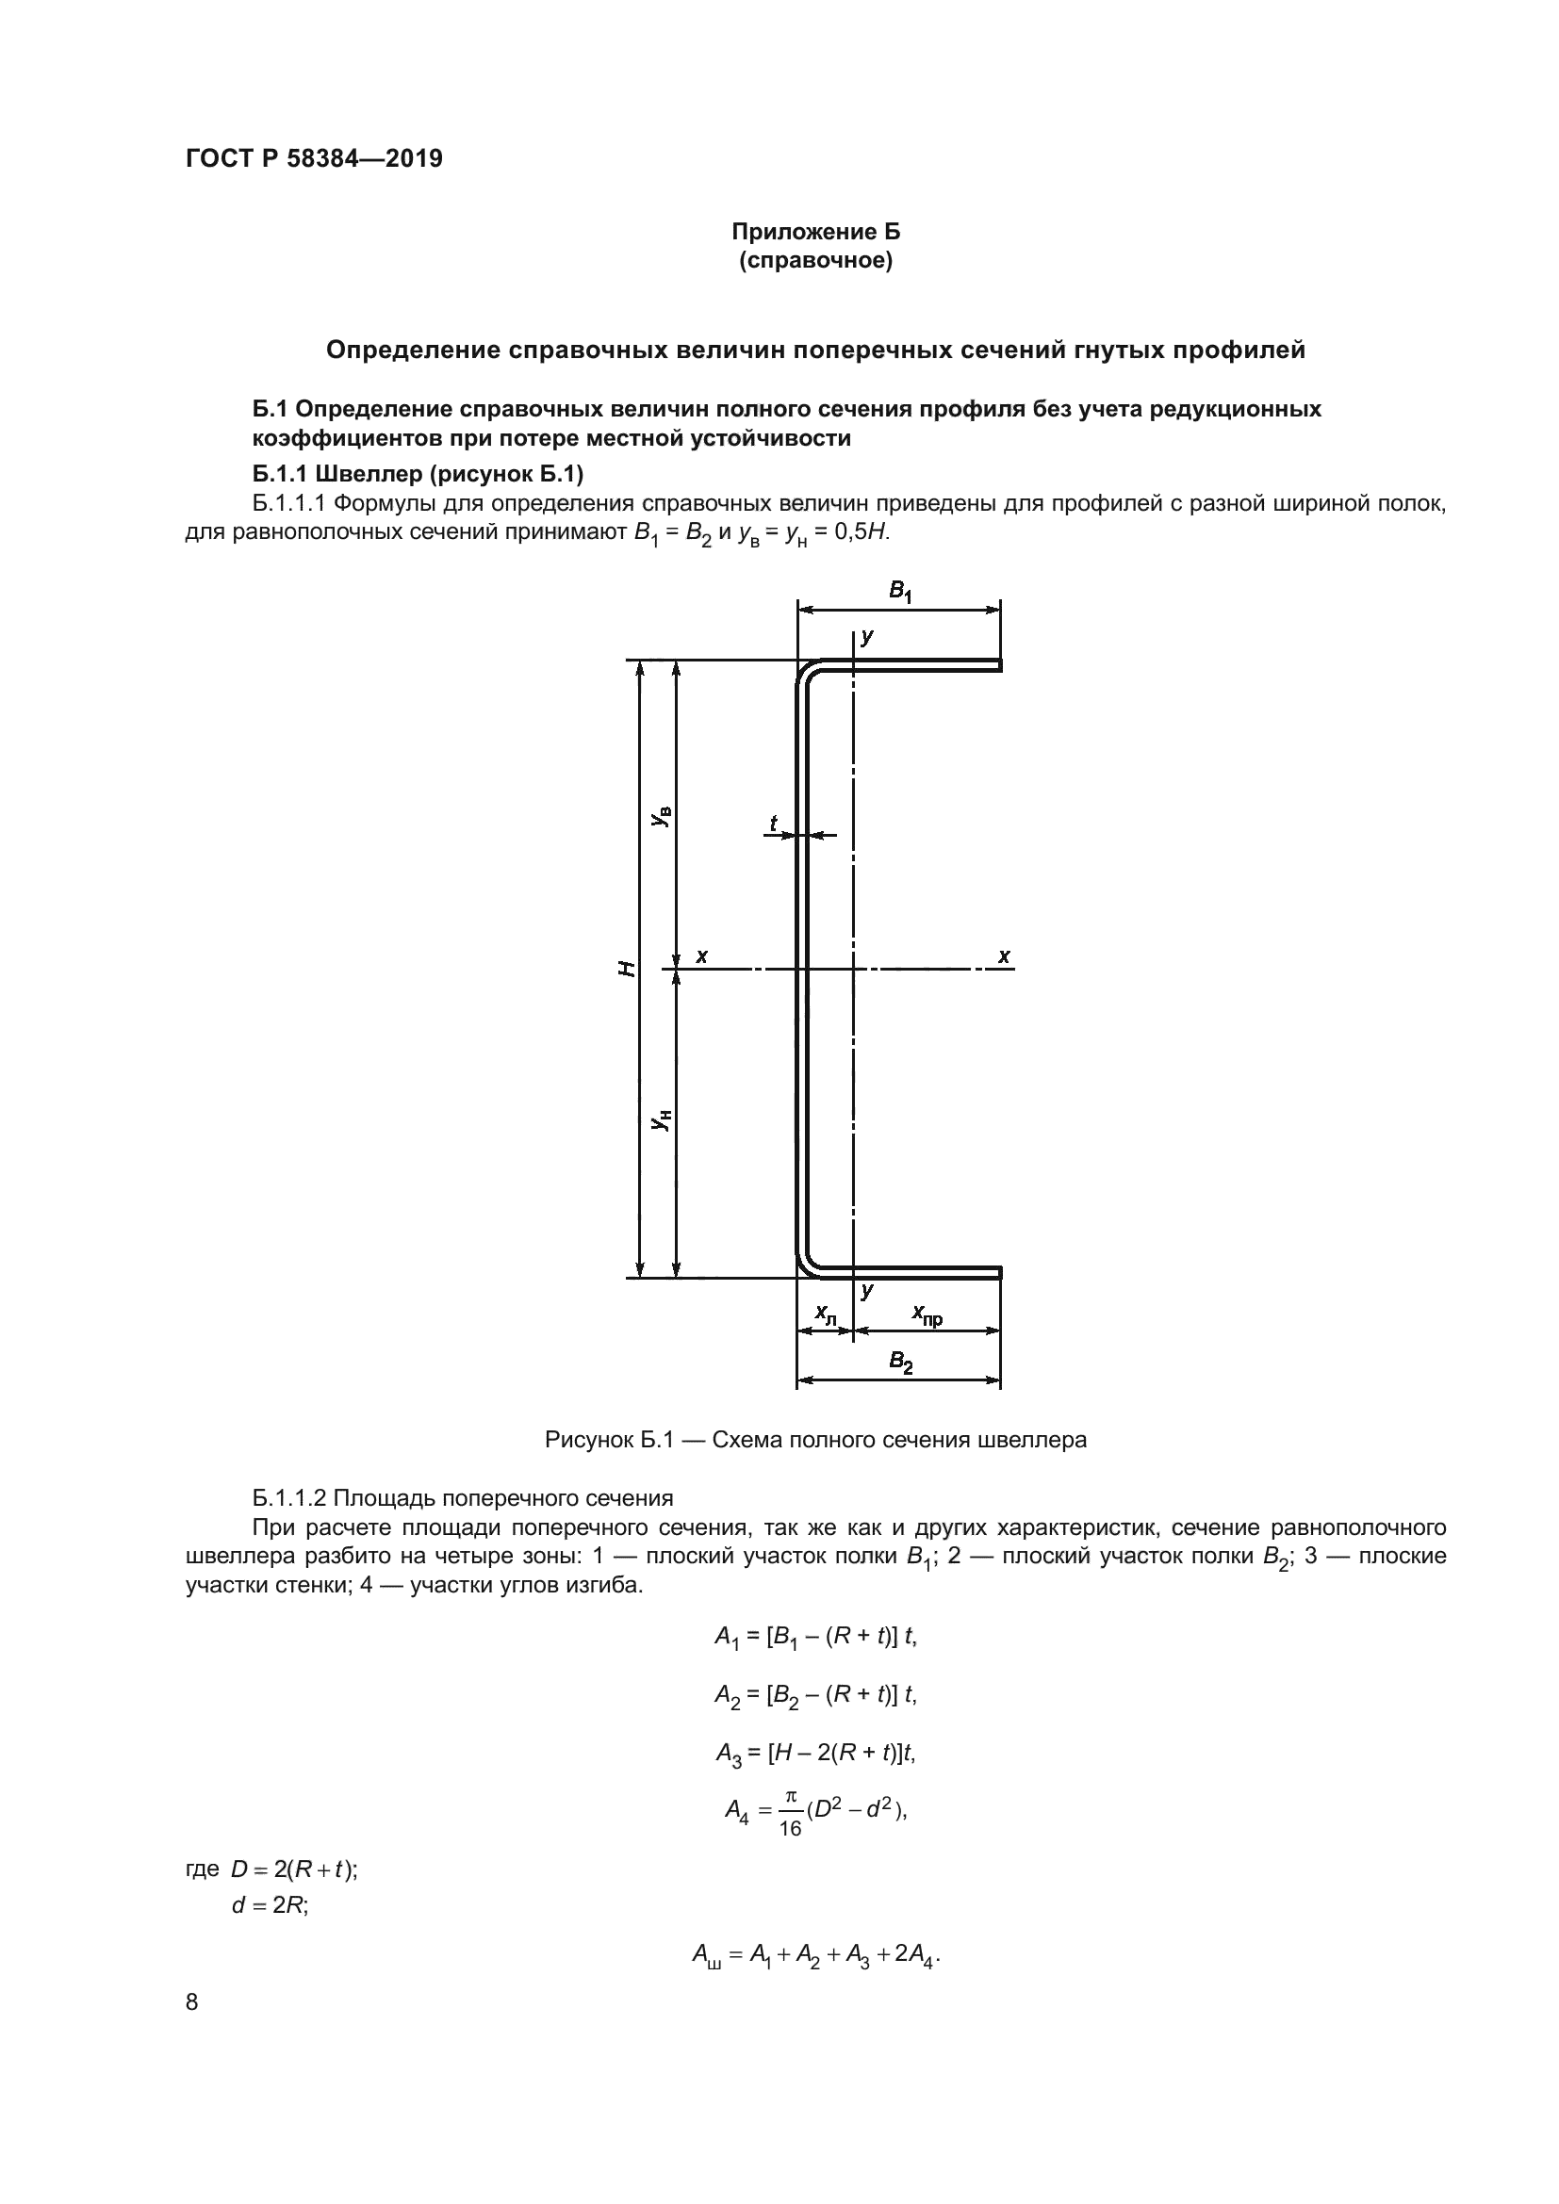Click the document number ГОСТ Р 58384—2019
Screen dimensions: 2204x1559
pos(314,159)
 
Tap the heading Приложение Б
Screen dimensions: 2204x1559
pos(815,233)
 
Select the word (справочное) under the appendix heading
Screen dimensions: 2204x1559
pos(815,261)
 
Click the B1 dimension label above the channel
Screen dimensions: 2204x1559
pos(899,592)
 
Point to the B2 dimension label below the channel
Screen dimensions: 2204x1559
pos(899,1362)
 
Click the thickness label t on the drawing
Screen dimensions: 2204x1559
pos(774,823)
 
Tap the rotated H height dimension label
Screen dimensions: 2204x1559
pos(627,968)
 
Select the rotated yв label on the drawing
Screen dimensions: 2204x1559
pos(662,816)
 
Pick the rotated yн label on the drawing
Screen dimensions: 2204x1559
pos(662,1120)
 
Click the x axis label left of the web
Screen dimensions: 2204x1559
pos(702,956)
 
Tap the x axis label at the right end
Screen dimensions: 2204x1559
pos(1004,956)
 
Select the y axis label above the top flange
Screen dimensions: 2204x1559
pos(867,636)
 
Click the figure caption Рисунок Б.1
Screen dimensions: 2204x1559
pos(815,1440)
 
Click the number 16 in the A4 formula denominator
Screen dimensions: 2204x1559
pos(790,1829)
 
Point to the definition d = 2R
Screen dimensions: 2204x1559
pos(269,1905)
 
